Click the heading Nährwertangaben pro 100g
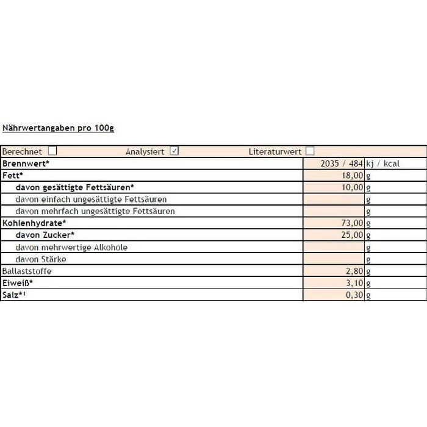click(x=58, y=128)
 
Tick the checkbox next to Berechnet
click(x=52, y=151)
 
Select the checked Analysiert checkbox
click(x=174, y=151)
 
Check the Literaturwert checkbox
click(x=310, y=151)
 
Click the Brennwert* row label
click(x=26, y=163)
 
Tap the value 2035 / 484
click(x=342, y=163)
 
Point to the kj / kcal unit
click(x=383, y=163)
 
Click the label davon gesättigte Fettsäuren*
click(x=74, y=187)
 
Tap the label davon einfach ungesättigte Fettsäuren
click(x=91, y=199)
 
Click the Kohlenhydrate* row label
click(x=34, y=223)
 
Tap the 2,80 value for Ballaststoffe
click(x=354, y=271)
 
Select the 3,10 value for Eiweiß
click(x=354, y=283)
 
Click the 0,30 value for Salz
click(x=354, y=295)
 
